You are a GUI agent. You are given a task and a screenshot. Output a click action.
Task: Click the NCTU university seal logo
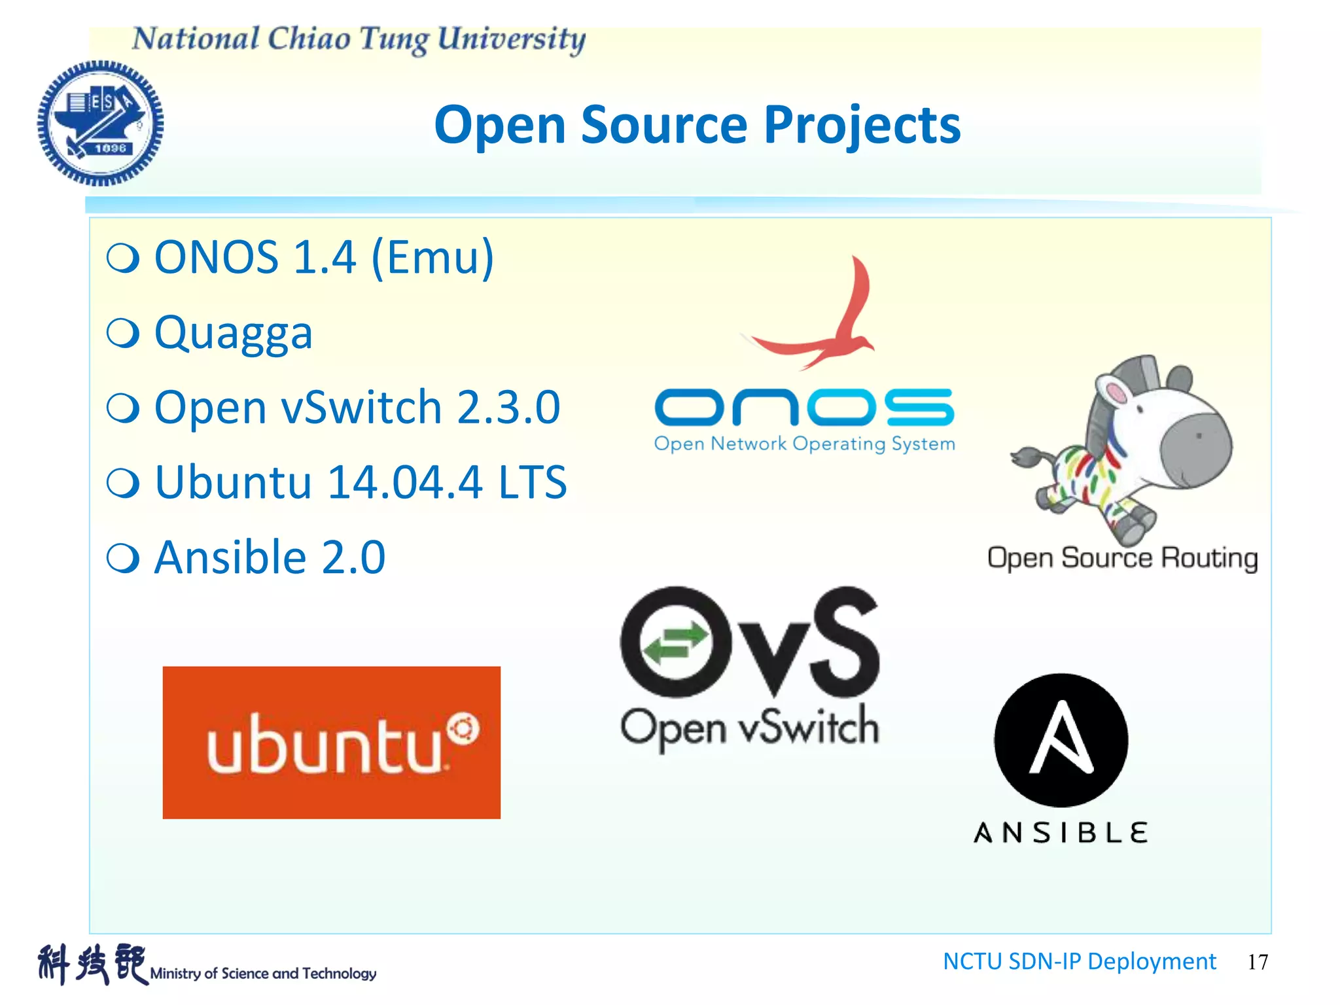pyautogui.click(x=100, y=123)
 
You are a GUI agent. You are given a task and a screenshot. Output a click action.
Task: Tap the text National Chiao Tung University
pyautogui.click(x=359, y=39)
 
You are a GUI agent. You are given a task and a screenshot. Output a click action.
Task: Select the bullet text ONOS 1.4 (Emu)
pyautogui.click(x=324, y=257)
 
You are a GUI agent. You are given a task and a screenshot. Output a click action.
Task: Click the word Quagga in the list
pyautogui.click(x=234, y=332)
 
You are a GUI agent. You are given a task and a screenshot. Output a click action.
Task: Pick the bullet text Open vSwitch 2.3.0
pyautogui.click(x=357, y=407)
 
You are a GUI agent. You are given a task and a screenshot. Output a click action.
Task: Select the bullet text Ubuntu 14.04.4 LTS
pyautogui.click(x=361, y=482)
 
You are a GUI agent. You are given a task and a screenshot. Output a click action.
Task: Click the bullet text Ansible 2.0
pyautogui.click(x=270, y=557)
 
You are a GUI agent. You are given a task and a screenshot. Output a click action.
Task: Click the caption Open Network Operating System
pyautogui.click(x=804, y=444)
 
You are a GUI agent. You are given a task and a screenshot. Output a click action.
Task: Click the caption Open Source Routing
pyautogui.click(x=1122, y=558)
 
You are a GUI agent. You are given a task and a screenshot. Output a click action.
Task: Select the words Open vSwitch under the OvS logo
pyautogui.click(x=749, y=728)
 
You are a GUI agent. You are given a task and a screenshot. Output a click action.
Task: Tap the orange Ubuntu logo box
pyautogui.click(x=331, y=743)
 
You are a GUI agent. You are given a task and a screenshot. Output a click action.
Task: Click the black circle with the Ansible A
pyautogui.click(x=1061, y=740)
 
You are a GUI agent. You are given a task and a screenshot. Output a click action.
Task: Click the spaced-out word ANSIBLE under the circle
pyautogui.click(x=1061, y=833)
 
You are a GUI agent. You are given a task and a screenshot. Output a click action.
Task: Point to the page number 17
pyautogui.click(x=1258, y=962)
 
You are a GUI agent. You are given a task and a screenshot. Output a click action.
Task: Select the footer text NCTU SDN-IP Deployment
pyautogui.click(x=1079, y=961)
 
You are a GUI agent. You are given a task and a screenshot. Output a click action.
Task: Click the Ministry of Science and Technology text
pyautogui.click(x=263, y=974)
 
